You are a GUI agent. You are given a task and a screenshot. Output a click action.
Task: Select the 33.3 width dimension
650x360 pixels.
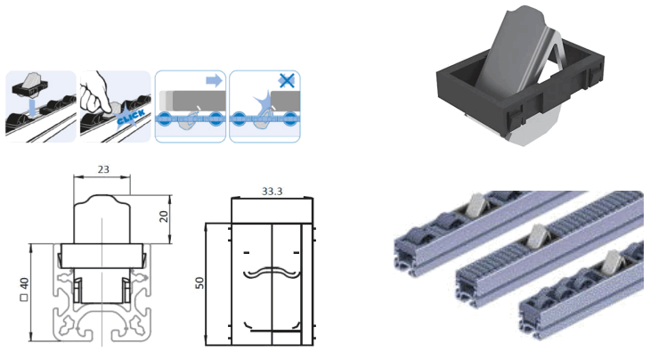click(x=272, y=190)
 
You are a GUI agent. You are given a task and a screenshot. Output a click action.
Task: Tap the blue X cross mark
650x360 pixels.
click(x=286, y=80)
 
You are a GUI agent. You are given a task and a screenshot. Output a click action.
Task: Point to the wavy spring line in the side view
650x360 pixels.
click(x=271, y=271)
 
